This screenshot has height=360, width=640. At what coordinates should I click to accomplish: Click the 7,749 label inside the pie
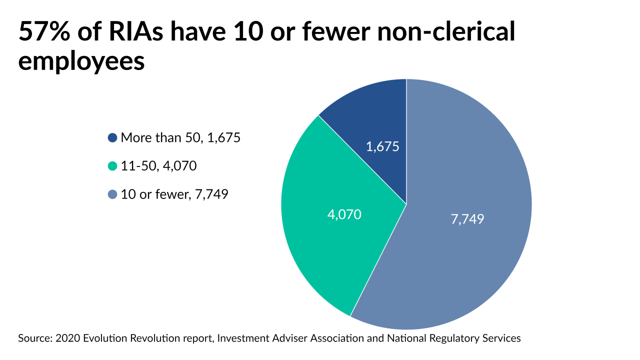(x=467, y=219)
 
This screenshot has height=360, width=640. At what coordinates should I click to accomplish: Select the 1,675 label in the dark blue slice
(x=382, y=147)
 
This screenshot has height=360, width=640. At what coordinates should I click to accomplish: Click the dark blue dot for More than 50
(x=112, y=137)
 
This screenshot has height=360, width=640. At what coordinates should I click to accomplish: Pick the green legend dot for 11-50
(x=112, y=166)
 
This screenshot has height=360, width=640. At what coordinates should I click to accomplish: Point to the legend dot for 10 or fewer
(x=112, y=194)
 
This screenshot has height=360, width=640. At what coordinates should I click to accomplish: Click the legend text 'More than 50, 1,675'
(x=180, y=137)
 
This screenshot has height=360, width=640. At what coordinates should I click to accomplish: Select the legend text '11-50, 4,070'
(x=158, y=166)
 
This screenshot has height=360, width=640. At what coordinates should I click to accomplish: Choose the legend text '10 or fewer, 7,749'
(x=174, y=194)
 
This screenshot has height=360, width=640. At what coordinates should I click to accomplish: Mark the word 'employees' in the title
(x=81, y=62)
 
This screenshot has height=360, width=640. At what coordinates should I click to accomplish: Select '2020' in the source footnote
(x=67, y=338)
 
